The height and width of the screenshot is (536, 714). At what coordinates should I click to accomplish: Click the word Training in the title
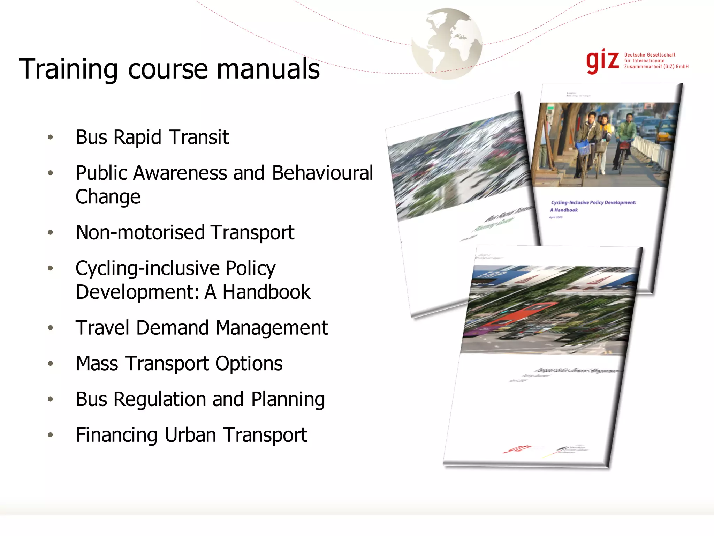(x=68, y=69)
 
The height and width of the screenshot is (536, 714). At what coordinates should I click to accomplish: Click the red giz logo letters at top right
(x=602, y=61)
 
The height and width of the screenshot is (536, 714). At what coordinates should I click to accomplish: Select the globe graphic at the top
(x=447, y=44)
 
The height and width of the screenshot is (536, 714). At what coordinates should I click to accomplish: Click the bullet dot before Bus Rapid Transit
(x=51, y=137)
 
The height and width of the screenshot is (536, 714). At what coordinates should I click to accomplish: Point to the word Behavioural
(x=322, y=173)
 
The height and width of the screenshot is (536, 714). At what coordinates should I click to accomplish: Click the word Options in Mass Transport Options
(x=249, y=364)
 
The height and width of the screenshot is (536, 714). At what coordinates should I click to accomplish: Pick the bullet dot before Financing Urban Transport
(x=51, y=435)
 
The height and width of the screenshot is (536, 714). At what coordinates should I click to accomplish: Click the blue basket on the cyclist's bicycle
(x=583, y=148)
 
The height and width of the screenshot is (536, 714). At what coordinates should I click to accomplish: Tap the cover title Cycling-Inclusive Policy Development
(x=593, y=202)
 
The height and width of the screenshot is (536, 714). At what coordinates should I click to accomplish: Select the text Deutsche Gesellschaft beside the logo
(x=650, y=55)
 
